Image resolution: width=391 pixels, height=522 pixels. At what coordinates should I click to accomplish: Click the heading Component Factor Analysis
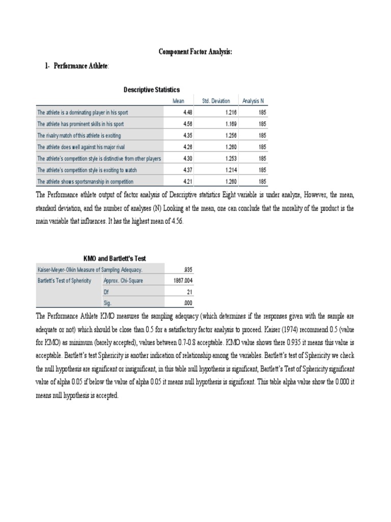pos(195,52)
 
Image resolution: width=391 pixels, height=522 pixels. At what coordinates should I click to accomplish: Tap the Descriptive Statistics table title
pos(151,90)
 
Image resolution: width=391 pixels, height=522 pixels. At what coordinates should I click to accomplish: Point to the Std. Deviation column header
pos(216,101)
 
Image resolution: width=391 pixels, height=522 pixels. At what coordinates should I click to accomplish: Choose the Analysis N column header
pos(253,101)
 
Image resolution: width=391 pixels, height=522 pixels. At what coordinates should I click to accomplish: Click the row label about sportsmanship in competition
pos(86,181)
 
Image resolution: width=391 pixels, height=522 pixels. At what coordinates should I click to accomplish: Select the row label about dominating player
pos(82,112)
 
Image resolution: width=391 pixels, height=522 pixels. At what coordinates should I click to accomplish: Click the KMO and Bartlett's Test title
pos(115,259)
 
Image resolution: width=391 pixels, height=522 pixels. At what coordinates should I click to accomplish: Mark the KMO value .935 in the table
pos(187,270)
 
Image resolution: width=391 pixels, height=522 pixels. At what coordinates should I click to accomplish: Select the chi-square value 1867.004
pos(183,281)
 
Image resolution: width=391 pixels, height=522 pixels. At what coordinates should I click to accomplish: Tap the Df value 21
pos(189,292)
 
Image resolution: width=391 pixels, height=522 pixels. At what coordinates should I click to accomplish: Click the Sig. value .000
pos(187,303)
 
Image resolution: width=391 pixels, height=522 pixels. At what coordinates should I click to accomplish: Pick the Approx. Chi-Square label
pos(123,281)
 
